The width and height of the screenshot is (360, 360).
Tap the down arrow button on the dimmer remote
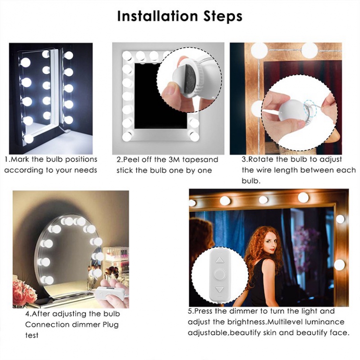pos(219,290)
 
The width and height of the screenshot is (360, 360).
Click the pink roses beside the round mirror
pos(23,292)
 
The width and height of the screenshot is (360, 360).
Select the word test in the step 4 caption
pos(32,335)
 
